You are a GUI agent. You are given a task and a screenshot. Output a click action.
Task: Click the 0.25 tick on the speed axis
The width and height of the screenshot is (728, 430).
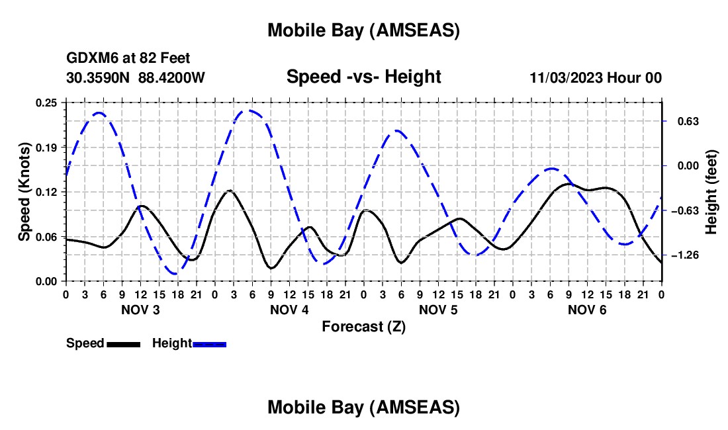(x=48, y=103)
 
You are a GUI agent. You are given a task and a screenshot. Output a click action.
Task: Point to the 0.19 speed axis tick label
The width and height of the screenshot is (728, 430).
(x=48, y=147)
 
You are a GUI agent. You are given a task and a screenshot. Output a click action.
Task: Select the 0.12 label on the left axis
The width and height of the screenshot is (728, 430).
(x=48, y=192)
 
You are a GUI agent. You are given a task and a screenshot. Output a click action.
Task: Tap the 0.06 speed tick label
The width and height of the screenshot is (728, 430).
(x=48, y=237)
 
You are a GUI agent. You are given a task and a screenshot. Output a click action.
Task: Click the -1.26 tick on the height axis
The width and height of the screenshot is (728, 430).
(x=690, y=255)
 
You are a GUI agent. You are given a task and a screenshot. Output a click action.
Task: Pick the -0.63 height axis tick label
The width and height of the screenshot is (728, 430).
(x=690, y=210)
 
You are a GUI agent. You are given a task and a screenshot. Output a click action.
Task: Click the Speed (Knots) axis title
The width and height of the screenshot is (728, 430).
(x=24, y=192)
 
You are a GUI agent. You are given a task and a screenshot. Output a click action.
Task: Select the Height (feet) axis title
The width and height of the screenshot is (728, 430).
(x=712, y=192)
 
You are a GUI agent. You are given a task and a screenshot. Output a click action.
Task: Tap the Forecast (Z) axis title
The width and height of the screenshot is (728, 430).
(x=363, y=326)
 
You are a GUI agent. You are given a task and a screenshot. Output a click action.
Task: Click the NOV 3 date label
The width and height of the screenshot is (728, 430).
(x=140, y=310)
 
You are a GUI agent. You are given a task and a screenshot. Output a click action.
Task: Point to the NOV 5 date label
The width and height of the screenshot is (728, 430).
(x=437, y=310)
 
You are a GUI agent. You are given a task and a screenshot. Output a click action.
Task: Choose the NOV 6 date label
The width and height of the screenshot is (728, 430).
(x=586, y=310)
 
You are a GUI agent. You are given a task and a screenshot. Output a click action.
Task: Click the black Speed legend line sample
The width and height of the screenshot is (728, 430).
(x=124, y=344)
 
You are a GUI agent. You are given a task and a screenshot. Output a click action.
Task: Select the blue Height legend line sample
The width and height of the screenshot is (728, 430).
(x=210, y=344)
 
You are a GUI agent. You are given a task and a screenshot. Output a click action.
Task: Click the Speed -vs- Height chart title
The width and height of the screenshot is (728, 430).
(x=363, y=77)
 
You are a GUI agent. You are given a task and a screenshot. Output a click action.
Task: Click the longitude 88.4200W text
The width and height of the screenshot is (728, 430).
(x=172, y=78)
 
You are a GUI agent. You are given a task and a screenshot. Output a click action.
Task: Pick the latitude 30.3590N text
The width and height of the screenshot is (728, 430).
(x=99, y=78)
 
